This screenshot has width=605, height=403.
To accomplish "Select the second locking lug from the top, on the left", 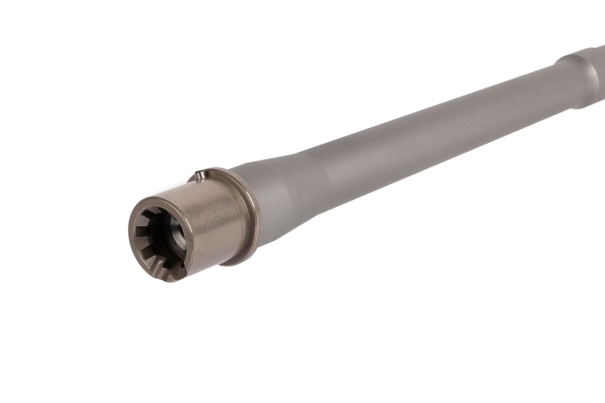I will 141,221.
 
